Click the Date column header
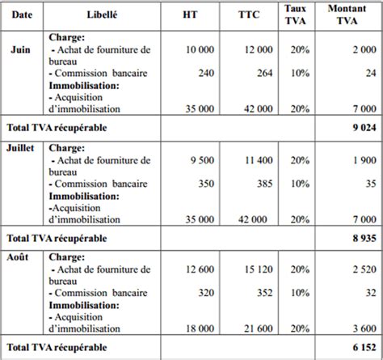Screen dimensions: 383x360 click(23, 16)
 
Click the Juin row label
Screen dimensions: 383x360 click(21, 49)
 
